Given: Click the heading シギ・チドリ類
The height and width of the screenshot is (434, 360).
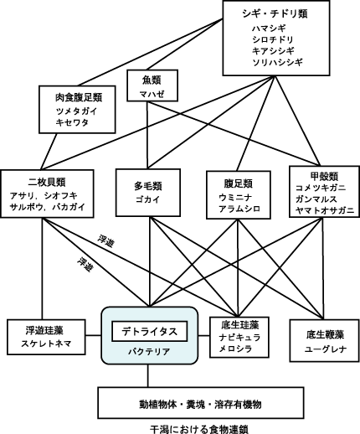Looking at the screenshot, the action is point(275,13).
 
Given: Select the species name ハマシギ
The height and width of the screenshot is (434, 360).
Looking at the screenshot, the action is point(270,28).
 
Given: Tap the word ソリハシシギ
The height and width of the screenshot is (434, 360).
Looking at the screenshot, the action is point(278,62).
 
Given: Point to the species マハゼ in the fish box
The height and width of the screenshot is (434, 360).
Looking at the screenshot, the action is point(152,94).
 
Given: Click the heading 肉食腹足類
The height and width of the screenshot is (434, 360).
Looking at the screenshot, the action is point(79,97).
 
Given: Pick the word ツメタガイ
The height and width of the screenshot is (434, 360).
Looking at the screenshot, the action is point(76,111).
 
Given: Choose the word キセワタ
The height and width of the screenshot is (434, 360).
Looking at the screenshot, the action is point(72,122).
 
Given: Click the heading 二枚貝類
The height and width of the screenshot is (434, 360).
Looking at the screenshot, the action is point(47,182).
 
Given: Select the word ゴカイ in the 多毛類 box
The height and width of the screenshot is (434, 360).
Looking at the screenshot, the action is point(148,199).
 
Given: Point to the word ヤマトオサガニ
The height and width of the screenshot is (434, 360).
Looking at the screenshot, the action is point(324,210).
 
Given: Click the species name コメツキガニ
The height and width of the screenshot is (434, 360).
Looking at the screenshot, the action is point(321,188).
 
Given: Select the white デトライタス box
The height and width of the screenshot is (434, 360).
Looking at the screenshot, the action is point(150,332).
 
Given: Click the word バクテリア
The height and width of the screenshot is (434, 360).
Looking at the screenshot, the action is point(149,352).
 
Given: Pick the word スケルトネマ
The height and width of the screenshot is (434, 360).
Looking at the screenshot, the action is point(46,344).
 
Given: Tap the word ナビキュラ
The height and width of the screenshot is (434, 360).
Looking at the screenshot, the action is point(239,338).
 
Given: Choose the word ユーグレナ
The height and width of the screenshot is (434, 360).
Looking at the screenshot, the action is point(326,349).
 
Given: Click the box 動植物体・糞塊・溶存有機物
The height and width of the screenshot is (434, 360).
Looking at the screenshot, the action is point(201,403).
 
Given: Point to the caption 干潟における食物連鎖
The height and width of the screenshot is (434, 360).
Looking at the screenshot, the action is point(199,429).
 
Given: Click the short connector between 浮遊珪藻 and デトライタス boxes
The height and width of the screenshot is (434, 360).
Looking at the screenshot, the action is point(93,335).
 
